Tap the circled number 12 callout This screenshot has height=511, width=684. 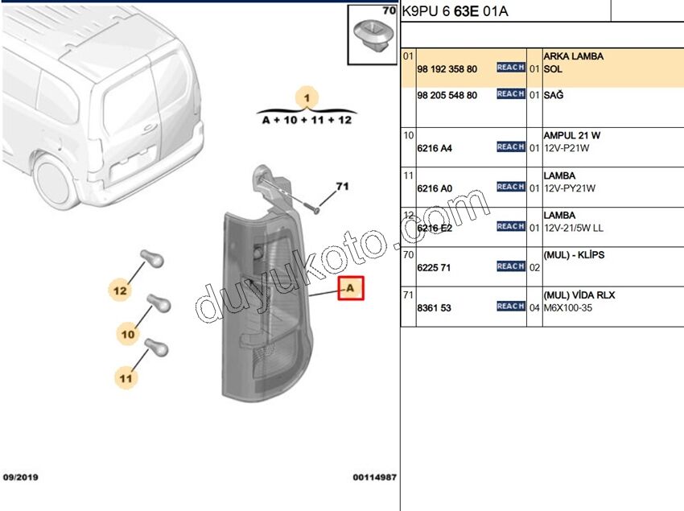click(x=120, y=290)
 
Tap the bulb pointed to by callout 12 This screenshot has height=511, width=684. click(x=151, y=258)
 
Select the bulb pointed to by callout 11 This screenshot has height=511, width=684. click(x=155, y=348)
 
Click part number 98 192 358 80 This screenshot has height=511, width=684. click(x=447, y=69)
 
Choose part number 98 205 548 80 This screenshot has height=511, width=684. click(x=447, y=95)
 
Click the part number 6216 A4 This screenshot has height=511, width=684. click(x=435, y=148)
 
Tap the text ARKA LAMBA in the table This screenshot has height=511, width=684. click(x=573, y=57)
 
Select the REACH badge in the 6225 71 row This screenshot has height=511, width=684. click(x=510, y=266)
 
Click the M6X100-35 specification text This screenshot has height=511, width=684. click(x=568, y=308)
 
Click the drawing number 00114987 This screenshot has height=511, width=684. click(x=373, y=477)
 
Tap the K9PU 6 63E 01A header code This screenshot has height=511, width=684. click(x=455, y=12)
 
